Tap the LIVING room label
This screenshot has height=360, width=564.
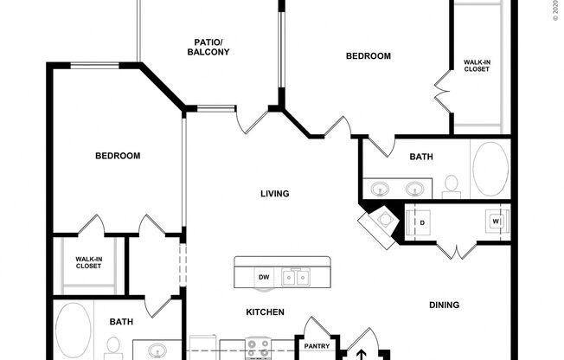(x=274, y=194)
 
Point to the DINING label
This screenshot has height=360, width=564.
(x=443, y=305)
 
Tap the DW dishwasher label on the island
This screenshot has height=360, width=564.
(x=263, y=277)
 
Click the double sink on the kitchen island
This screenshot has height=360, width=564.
(x=300, y=277)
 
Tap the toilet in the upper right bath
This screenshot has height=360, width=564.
(x=450, y=183)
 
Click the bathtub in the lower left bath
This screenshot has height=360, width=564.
(x=73, y=329)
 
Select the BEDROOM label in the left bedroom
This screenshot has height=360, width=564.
(x=118, y=156)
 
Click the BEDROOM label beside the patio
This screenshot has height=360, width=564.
(x=368, y=56)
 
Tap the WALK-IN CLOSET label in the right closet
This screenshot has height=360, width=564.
(x=477, y=66)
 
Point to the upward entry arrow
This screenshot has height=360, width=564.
(x=362, y=353)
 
